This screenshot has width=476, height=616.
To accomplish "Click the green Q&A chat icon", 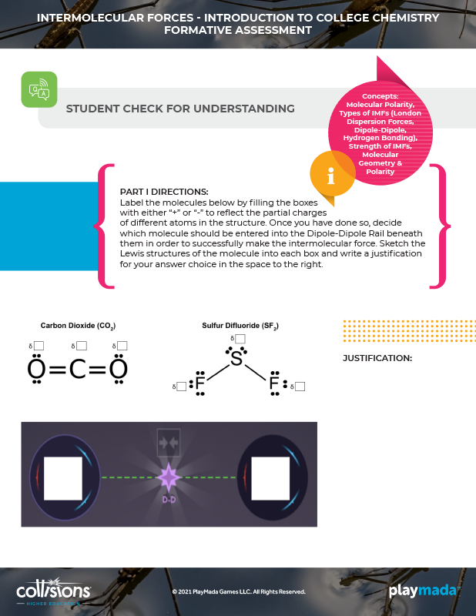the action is point(39,89).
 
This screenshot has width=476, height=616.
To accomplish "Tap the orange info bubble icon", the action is point(332,174).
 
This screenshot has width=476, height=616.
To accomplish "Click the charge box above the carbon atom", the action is point(82,346).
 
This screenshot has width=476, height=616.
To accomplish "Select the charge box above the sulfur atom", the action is point(240,339).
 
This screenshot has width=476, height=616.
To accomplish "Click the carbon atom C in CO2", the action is point(78,370).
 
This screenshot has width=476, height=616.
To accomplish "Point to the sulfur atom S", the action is point(236,358).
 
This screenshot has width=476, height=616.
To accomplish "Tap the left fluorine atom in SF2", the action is point(200,383).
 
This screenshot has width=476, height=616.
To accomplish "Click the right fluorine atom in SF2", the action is point(274,383).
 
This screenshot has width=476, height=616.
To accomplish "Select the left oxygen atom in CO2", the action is point(36,369).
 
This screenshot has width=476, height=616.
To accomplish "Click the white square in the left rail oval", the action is point(63,478).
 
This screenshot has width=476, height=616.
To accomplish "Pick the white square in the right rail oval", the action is point(270,478).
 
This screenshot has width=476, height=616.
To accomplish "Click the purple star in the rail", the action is point(169,477).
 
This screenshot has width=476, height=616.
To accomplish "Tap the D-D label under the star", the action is point(169,500).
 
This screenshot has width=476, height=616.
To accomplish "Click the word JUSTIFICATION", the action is point(377,358).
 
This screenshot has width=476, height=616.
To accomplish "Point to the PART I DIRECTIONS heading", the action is point(164,192).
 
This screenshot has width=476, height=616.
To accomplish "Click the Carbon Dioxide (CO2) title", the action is point(78,326).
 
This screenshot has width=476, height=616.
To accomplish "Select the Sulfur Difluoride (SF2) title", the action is point(240,326).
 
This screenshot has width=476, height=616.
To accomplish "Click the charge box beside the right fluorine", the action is point(300,387).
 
